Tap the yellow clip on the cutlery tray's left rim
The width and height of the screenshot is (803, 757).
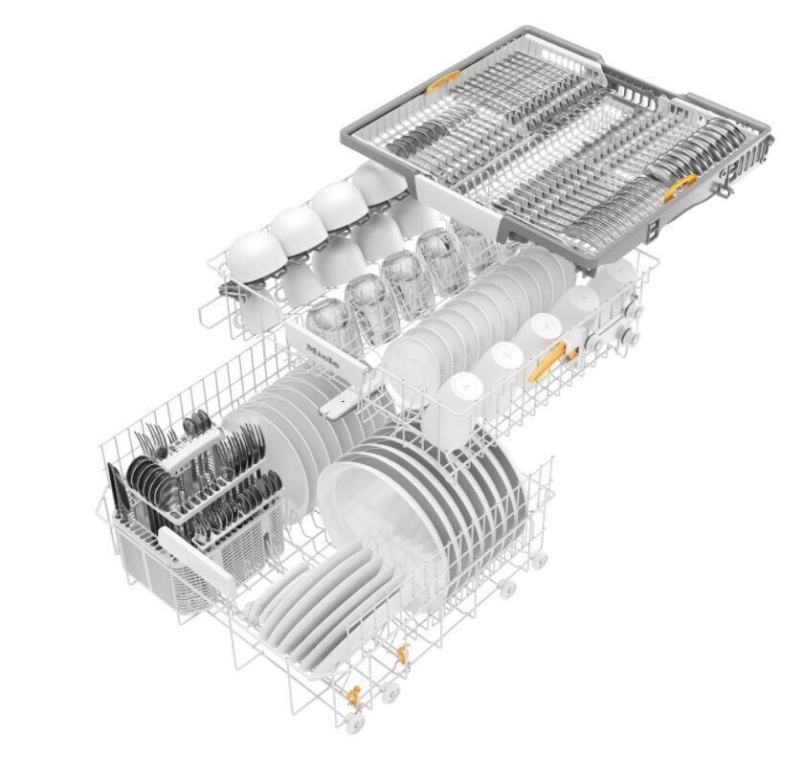tap(442, 82)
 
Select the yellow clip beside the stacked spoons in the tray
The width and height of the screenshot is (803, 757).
tap(680, 187)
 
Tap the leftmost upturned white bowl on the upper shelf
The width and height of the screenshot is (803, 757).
tap(257, 256)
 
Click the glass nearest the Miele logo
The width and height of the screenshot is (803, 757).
tap(333, 325)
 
